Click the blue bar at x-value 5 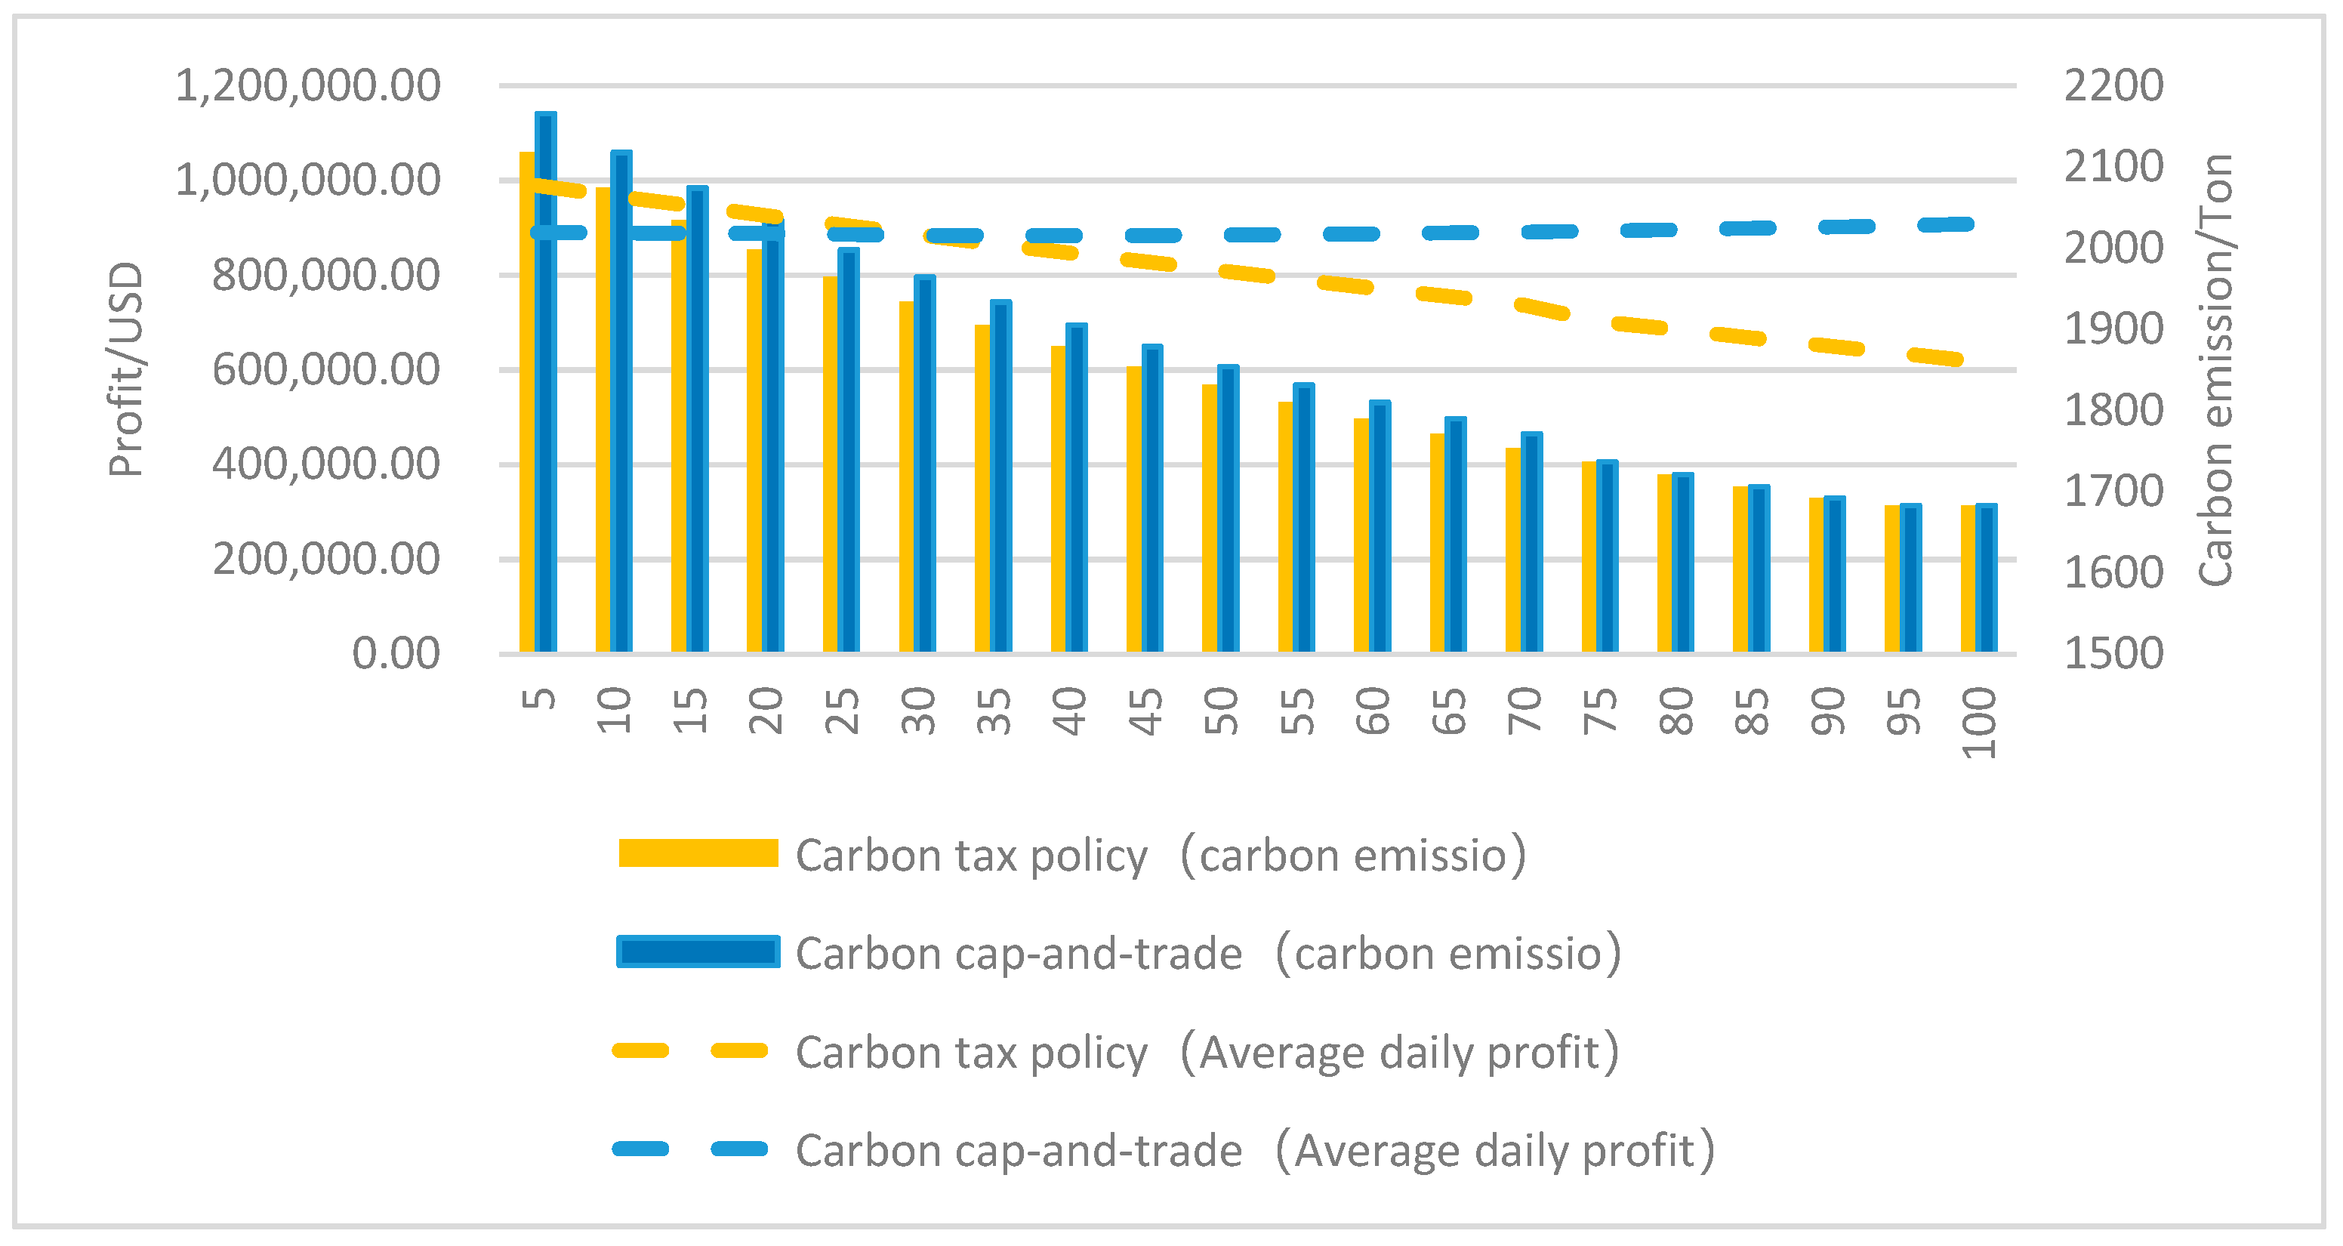(x=546, y=382)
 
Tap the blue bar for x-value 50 (x=1228, y=509)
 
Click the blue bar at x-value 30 (x=925, y=464)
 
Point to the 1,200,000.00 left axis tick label (x=307, y=86)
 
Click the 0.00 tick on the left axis (x=396, y=653)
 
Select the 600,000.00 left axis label (x=325, y=370)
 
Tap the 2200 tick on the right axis (x=2113, y=86)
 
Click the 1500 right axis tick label (x=2113, y=653)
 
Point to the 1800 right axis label (x=2113, y=410)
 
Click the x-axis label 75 (x=1601, y=711)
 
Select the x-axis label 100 (x=1979, y=723)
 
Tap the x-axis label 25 (x=842, y=711)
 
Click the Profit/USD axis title (x=125, y=369)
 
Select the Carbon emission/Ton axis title (x=2215, y=369)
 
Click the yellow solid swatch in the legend (x=698, y=853)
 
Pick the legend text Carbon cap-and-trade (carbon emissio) (x=1208, y=953)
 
